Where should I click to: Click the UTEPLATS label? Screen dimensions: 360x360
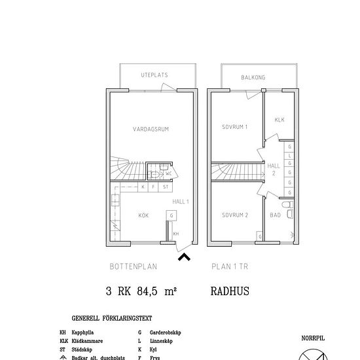[154, 75]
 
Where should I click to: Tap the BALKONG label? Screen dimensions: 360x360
[252, 77]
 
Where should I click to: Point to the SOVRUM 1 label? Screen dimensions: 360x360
[234, 126]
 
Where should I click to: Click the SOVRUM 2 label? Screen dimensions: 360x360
[234, 215]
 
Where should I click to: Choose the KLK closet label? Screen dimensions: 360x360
[279, 120]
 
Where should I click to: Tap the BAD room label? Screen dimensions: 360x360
[276, 215]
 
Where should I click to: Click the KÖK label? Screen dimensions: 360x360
[143, 215]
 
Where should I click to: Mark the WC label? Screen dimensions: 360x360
[168, 173]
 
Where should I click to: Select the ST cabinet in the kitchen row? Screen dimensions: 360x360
[166, 187]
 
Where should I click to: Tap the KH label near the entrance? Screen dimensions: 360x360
[176, 233]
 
